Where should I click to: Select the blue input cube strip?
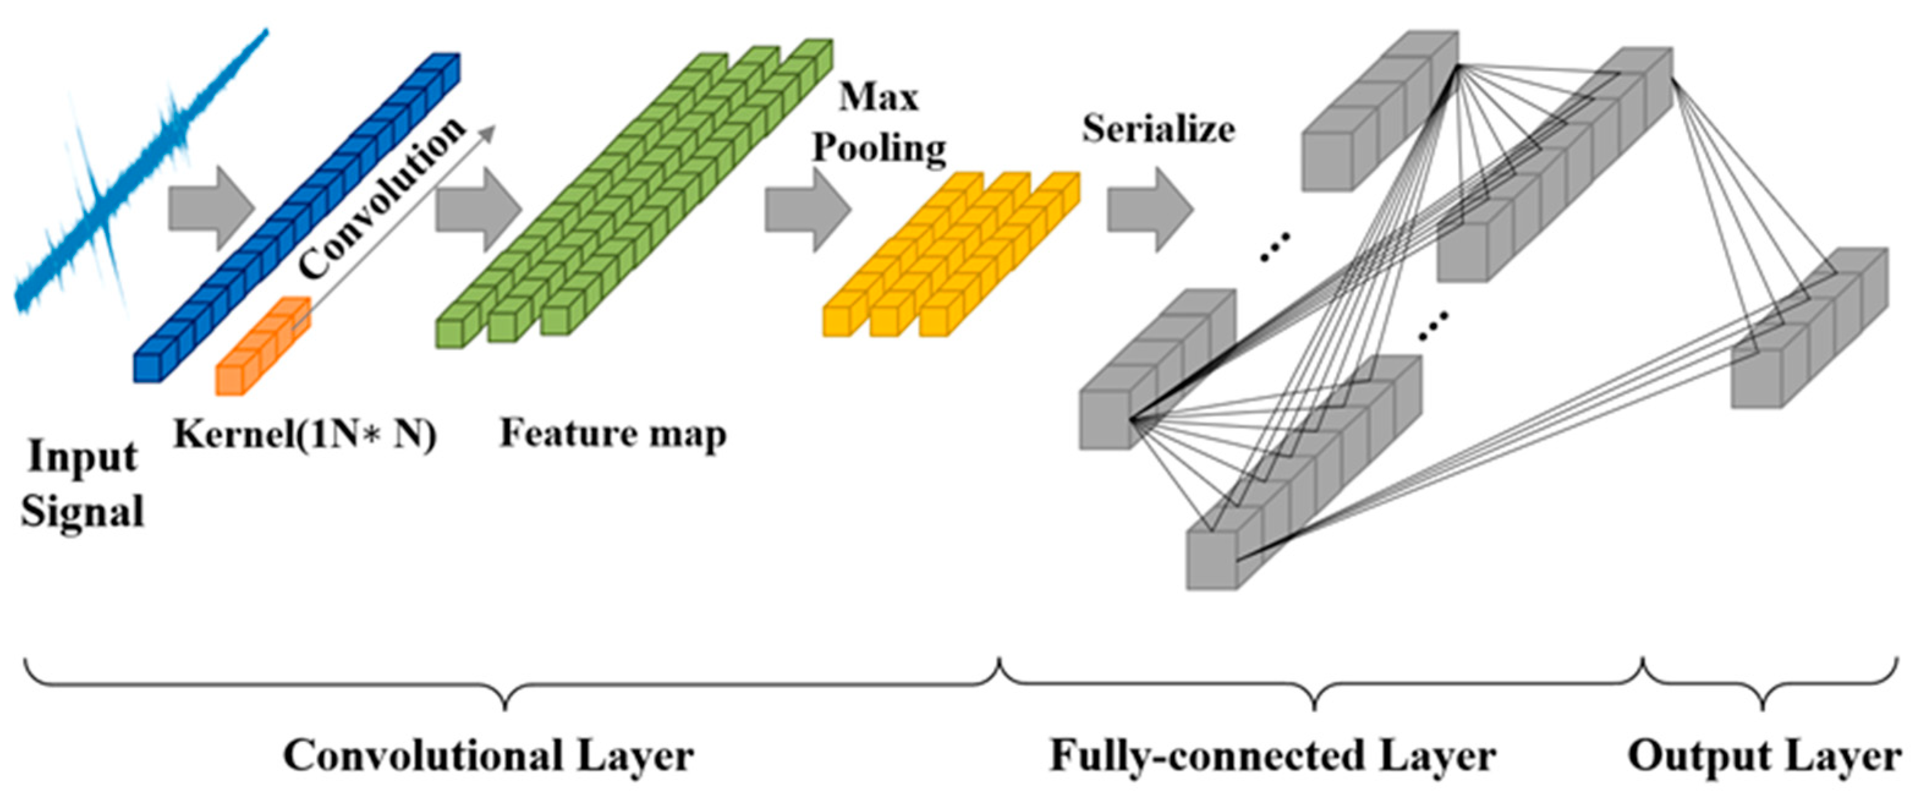coord(297,216)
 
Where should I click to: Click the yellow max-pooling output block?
coord(952,253)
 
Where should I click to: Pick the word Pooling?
coord(879,147)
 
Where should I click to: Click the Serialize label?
coord(1158,128)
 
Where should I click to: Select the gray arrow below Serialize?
coord(1149,209)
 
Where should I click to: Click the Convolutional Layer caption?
coord(488,756)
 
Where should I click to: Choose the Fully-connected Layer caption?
coord(1272,756)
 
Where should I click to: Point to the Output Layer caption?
coord(1764,756)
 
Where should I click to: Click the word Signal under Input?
coord(83,512)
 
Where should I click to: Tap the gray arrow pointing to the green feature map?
coord(478,209)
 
